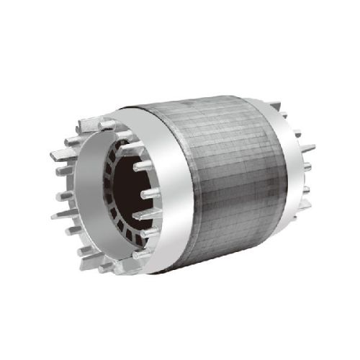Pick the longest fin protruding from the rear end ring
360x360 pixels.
coord(306,149)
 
